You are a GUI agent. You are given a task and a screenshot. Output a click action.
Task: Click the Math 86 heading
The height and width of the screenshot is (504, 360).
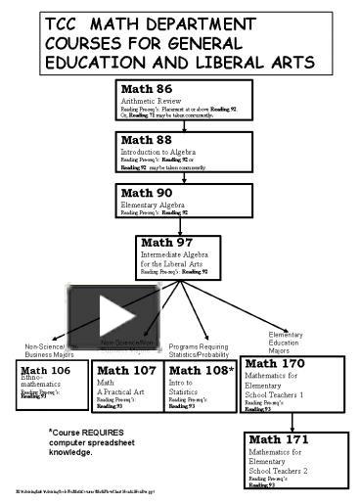click(x=145, y=89)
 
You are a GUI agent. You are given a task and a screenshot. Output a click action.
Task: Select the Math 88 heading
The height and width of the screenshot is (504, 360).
click(x=145, y=141)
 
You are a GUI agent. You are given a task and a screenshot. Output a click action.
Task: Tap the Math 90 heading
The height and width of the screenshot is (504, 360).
click(x=145, y=193)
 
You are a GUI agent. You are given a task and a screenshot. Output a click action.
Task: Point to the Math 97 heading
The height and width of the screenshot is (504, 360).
click(x=165, y=242)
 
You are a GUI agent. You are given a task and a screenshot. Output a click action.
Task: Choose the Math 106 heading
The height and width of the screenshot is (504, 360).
click(x=46, y=371)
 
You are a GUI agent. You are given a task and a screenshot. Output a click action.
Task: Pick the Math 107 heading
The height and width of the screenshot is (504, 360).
click(x=126, y=370)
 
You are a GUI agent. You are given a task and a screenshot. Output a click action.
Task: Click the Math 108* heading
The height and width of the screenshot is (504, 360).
click(x=202, y=370)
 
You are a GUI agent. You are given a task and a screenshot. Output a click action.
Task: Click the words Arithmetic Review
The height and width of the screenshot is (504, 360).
click(x=153, y=100)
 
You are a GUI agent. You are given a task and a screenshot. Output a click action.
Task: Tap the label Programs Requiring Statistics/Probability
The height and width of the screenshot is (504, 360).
click(x=199, y=350)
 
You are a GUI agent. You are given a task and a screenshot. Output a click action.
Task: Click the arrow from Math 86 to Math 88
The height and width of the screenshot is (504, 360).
click(x=185, y=124)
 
